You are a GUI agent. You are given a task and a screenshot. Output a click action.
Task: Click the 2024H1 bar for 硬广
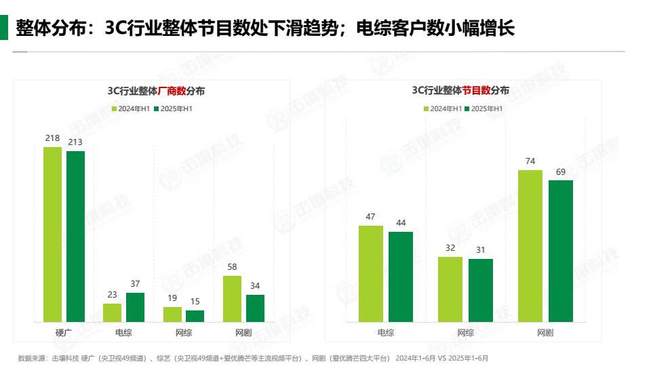(x=52, y=234)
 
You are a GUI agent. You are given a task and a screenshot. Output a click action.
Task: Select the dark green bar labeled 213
(x=75, y=236)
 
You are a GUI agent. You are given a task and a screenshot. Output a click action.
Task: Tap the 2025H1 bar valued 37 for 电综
(x=135, y=307)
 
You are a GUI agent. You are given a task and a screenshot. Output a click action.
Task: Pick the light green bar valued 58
(x=232, y=298)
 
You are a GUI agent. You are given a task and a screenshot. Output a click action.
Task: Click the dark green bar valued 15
(x=195, y=316)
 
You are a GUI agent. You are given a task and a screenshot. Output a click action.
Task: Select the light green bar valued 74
(x=530, y=245)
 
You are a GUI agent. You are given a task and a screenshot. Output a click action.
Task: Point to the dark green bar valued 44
(x=401, y=277)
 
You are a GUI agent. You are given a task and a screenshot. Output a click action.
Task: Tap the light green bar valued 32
(x=450, y=289)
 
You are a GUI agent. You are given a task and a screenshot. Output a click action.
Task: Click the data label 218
(x=52, y=138)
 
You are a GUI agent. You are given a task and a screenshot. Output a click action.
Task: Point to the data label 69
(x=561, y=171)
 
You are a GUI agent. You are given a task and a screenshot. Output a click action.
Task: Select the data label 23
(x=112, y=295)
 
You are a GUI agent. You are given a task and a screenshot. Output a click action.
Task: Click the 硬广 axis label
(x=64, y=333)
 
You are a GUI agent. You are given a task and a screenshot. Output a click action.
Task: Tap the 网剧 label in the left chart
(x=243, y=333)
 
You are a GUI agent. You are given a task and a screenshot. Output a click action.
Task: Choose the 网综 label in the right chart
(x=465, y=333)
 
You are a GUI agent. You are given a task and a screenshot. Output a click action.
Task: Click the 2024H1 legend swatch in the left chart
(x=115, y=108)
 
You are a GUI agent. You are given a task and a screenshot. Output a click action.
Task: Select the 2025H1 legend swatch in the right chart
(x=467, y=108)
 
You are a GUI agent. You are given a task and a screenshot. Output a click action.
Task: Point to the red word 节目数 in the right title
(x=477, y=90)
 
